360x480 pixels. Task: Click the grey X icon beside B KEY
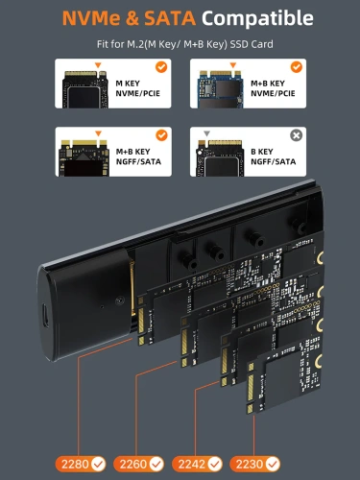coord(298,135)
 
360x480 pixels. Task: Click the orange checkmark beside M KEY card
coord(160,67)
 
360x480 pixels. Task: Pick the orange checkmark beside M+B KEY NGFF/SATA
coord(160,135)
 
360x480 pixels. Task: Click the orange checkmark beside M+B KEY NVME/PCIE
coord(298,67)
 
